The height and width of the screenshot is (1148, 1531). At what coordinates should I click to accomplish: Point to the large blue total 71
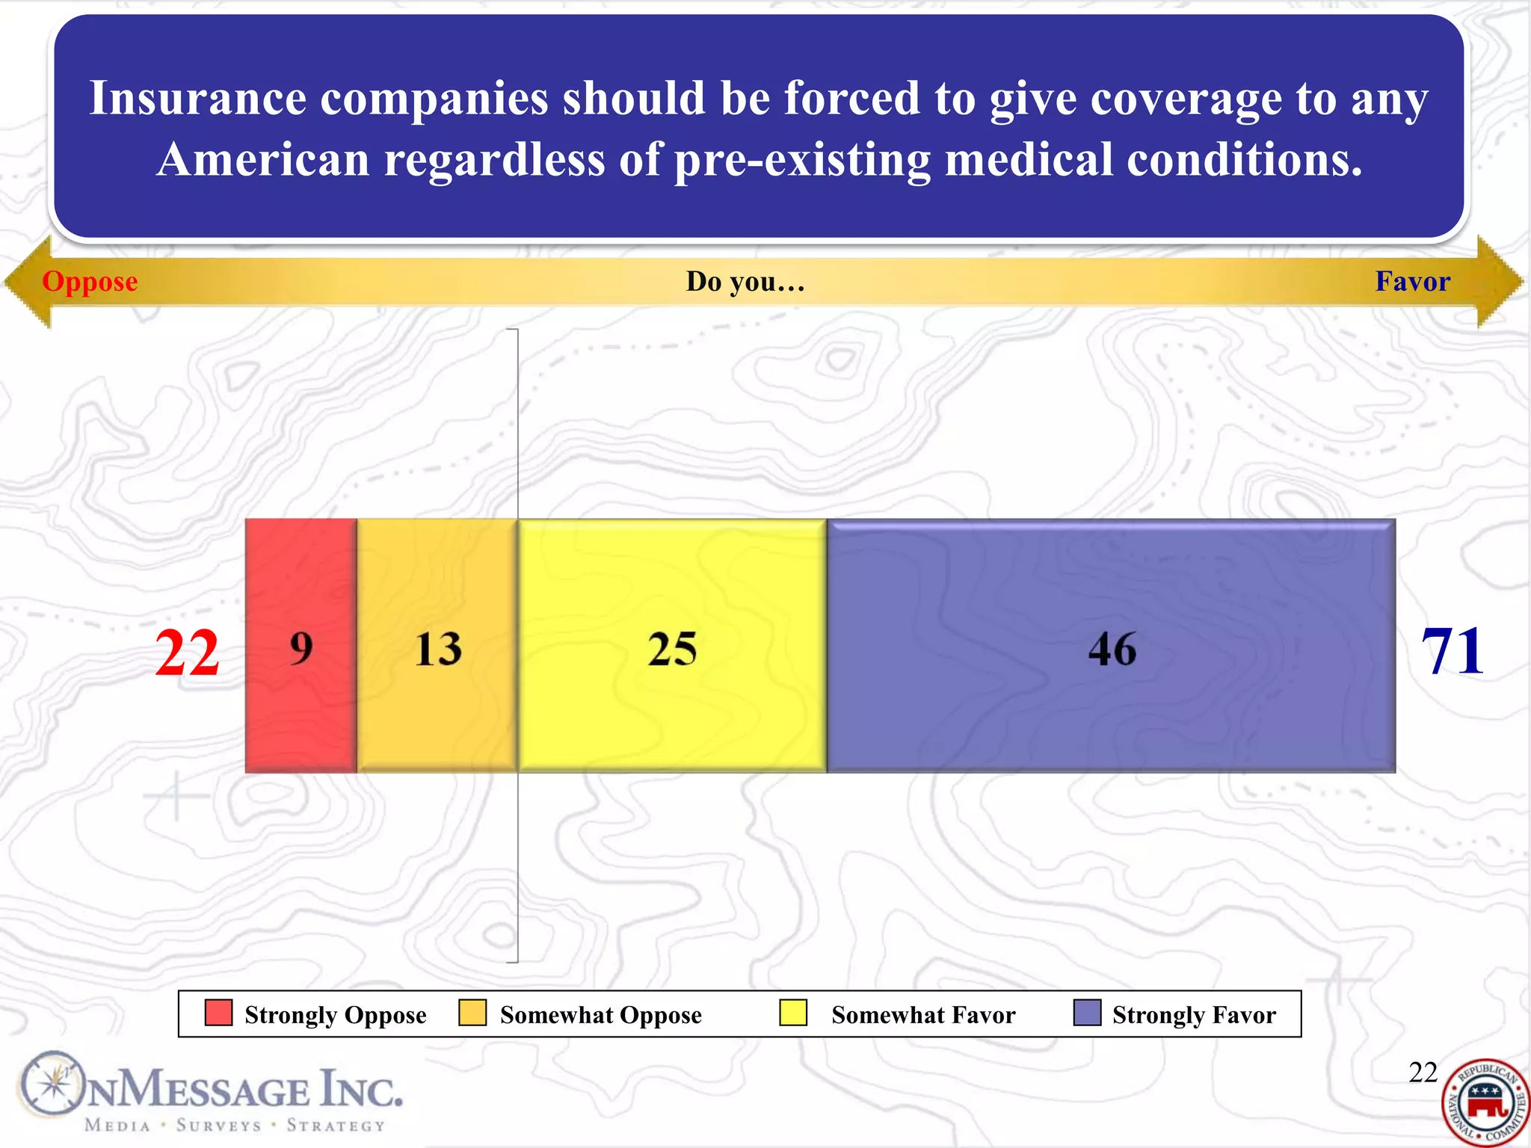(1452, 652)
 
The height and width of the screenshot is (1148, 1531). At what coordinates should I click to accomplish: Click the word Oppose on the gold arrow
(90, 282)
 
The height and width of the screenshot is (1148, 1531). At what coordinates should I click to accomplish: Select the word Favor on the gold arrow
(1412, 282)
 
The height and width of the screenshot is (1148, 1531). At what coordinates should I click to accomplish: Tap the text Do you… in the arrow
(745, 282)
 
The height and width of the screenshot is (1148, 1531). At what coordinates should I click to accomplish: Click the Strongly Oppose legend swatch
(218, 1013)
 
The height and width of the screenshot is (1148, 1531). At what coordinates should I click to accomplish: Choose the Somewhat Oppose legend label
(600, 1015)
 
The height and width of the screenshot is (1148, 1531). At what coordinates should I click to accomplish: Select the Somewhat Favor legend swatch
(792, 1013)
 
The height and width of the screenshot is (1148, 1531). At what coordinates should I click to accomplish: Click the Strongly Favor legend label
(1194, 1015)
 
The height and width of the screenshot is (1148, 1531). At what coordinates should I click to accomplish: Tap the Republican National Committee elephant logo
(1486, 1102)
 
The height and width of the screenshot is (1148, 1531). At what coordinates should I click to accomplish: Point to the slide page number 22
(1423, 1073)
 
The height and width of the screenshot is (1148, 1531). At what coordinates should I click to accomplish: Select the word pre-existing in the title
(802, 160)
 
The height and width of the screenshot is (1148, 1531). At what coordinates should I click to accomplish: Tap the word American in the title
(263, 160)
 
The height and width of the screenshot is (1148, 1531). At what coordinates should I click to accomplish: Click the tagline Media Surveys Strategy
(235, 1126)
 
